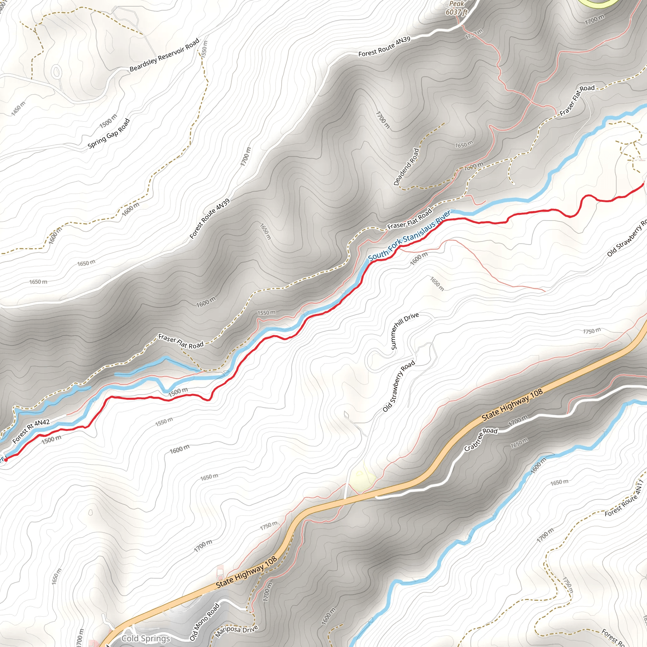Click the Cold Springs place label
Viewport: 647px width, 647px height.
146,638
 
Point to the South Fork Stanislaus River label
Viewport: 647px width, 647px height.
409,235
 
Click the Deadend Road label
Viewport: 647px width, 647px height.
406,167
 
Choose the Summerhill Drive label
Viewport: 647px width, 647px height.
405,331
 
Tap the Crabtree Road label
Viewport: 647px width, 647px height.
481,439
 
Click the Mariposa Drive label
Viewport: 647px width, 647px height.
236,631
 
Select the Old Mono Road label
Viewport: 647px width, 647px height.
204,622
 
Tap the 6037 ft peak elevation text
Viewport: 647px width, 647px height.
456,12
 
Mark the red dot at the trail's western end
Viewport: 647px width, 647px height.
6,460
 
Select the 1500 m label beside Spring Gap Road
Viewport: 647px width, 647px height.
108,121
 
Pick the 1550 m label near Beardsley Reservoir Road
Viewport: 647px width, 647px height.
204,49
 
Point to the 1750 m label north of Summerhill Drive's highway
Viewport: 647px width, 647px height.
592,331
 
